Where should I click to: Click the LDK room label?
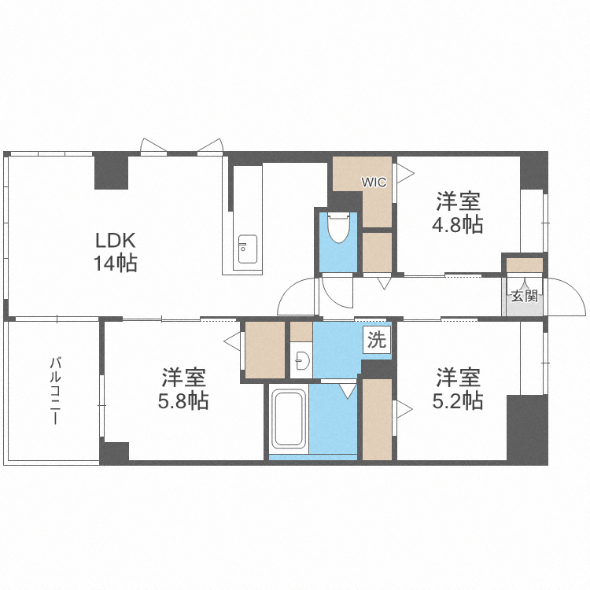[x=117, y=240]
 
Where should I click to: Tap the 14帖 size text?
[x=117, y=264]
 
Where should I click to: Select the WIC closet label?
[x=374, y=183]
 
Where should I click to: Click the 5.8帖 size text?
[x=183, y=401]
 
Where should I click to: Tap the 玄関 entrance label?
[x=524, y=297]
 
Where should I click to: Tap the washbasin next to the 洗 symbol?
[x=300, y=361]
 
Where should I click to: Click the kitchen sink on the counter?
[x=247, y=250]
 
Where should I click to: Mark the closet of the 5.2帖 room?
[x=377, y=419]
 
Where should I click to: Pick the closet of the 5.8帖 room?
[x=265, y=348]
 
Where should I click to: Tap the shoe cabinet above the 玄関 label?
[x=524, y=265]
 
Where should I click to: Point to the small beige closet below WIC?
[x=378, y=251]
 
